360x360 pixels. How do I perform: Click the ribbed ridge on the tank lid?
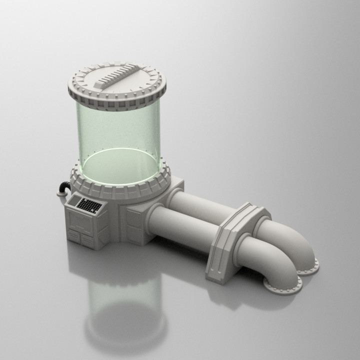point(118,79)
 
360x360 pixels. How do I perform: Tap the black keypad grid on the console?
point(90,205)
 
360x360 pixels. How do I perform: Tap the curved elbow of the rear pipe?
point(297,240)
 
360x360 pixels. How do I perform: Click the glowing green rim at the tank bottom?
point(120,170)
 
